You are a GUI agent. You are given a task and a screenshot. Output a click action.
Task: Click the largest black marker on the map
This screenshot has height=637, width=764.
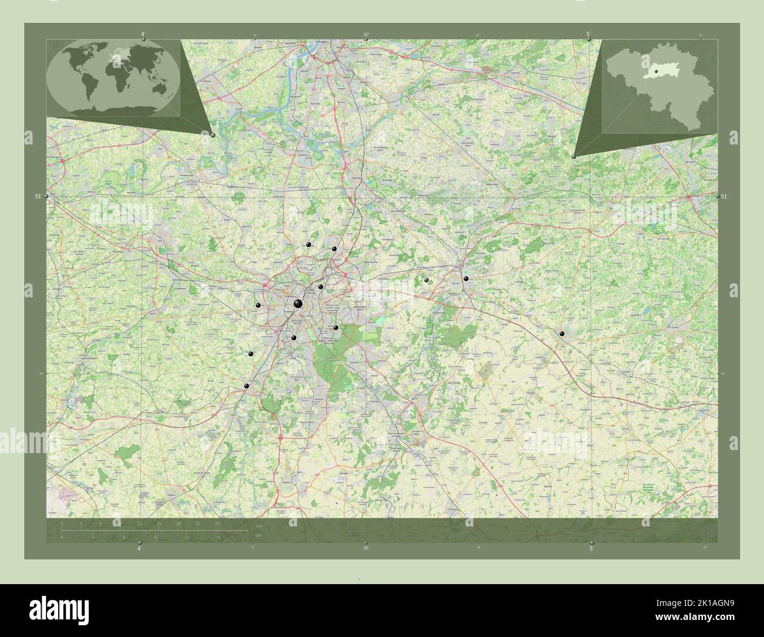pos(298,303)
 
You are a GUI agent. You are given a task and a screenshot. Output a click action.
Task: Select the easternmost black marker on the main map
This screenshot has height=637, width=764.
pos(562,334)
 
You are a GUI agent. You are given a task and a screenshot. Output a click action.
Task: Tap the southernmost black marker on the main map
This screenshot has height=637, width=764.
pos(247,386)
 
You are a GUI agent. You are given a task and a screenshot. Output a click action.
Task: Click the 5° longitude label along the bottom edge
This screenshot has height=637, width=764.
pos(591,548)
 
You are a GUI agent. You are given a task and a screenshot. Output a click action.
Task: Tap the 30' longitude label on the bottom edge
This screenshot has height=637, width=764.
pos(366,548)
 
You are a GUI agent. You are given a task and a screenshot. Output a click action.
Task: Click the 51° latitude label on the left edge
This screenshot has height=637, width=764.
pos(38,196)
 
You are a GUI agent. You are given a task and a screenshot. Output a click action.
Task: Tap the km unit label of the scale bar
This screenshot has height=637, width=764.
pos(258,525)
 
